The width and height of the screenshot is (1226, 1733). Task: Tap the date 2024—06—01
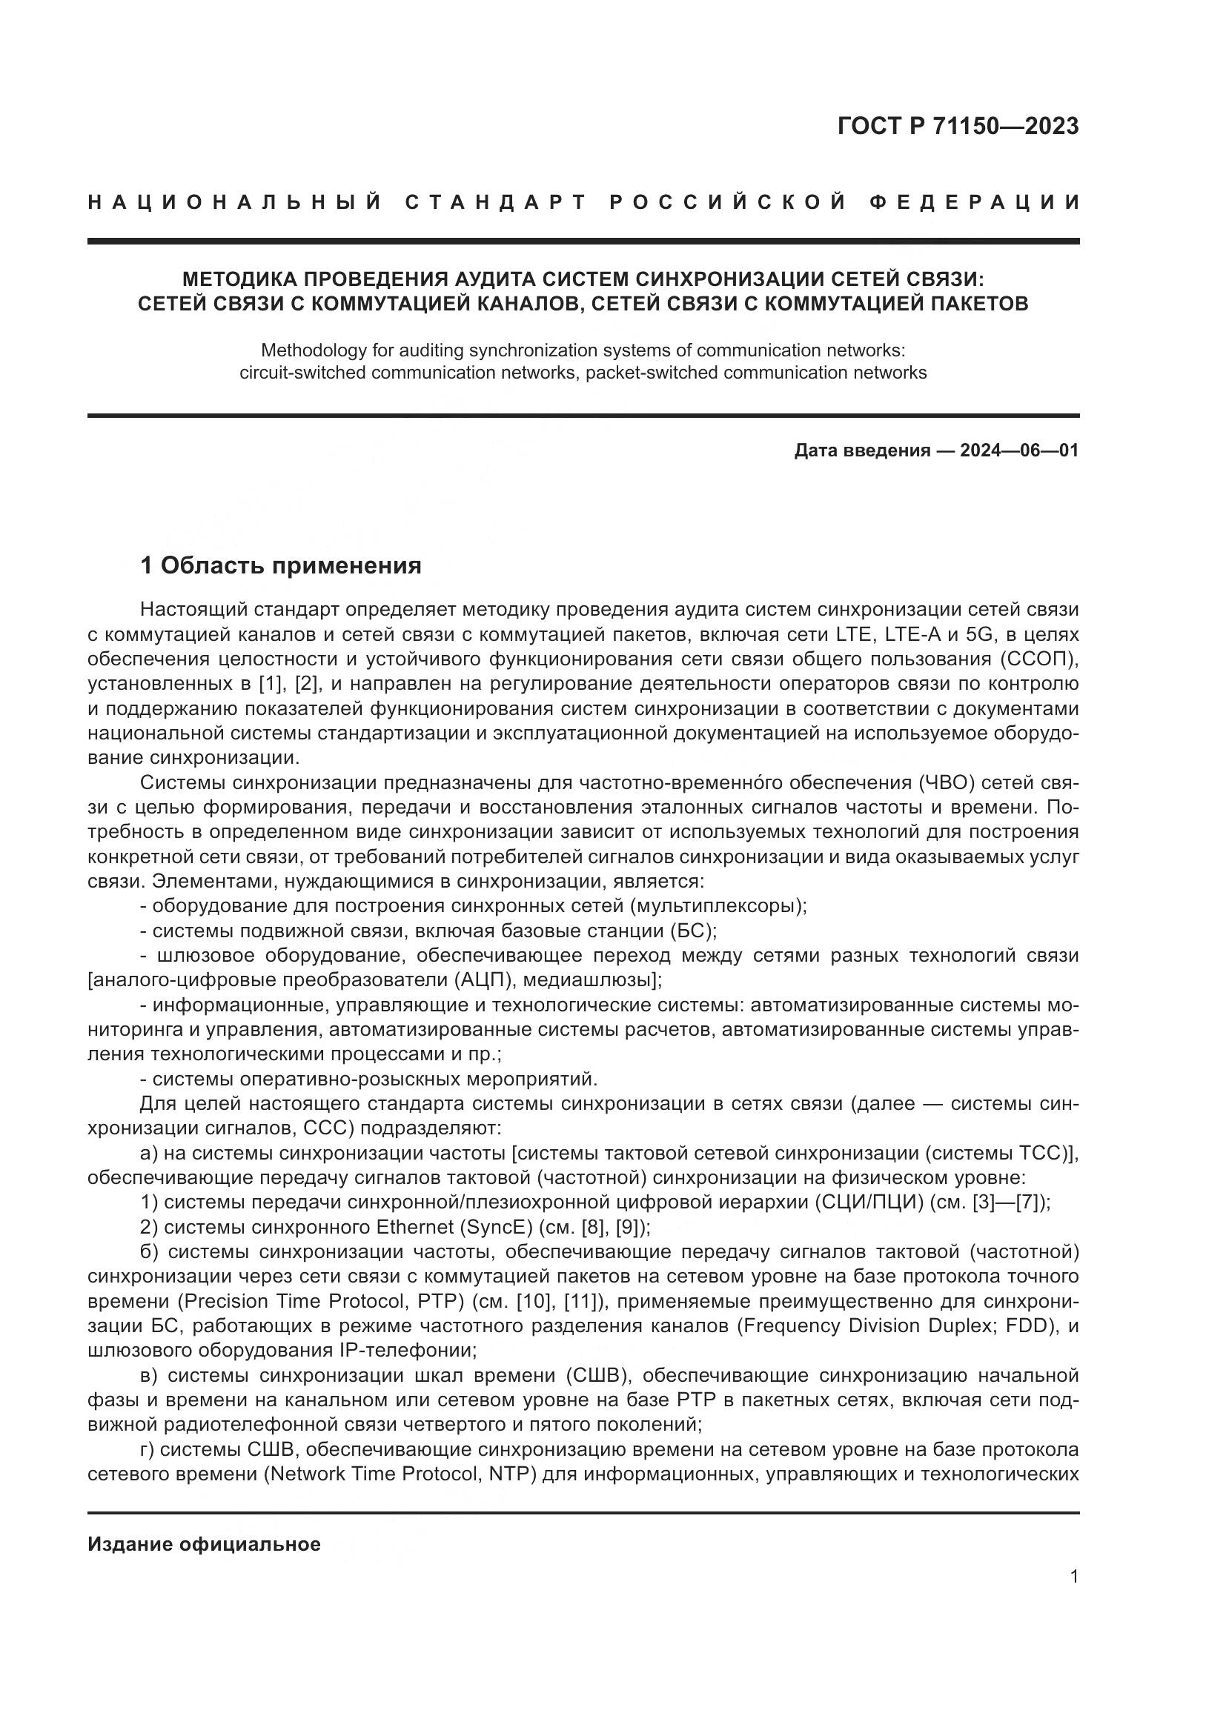click(x=1019, y=450)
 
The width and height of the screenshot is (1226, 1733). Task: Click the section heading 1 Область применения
click(x=281, y=565)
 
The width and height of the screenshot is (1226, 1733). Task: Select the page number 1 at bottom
click(x=1074, y=1577)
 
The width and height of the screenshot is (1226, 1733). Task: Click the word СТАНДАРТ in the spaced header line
click(x=496, y=202)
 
